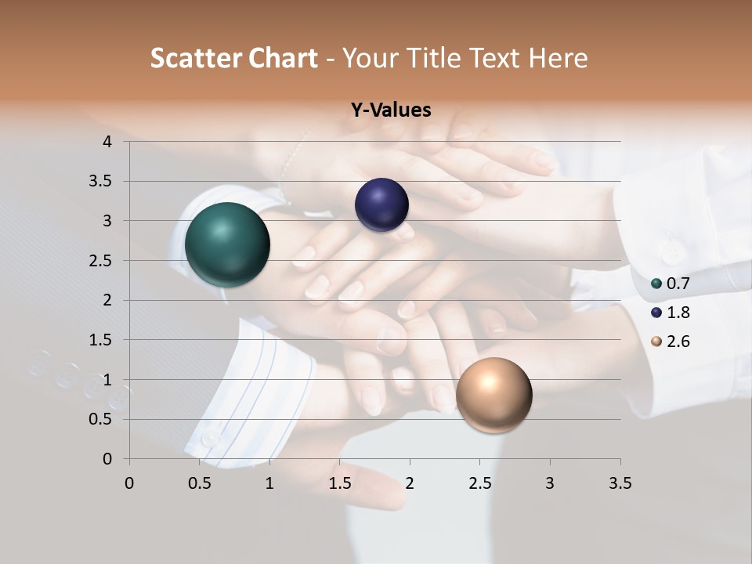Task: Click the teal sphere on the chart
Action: pos(227,244)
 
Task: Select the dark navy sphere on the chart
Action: pos(381,205)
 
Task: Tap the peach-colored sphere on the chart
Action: pos(493,395)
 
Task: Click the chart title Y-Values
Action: pos(390,110)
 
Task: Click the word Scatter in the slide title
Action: pos(195,58)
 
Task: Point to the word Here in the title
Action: pos(558,58)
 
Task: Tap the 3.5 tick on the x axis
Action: pos(620,483)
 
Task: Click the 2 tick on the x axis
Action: pos(409,483)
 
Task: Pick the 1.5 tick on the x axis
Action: pos(338,483)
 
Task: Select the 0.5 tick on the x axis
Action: pos(199,483)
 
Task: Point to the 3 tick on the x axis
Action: pos(549,483)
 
